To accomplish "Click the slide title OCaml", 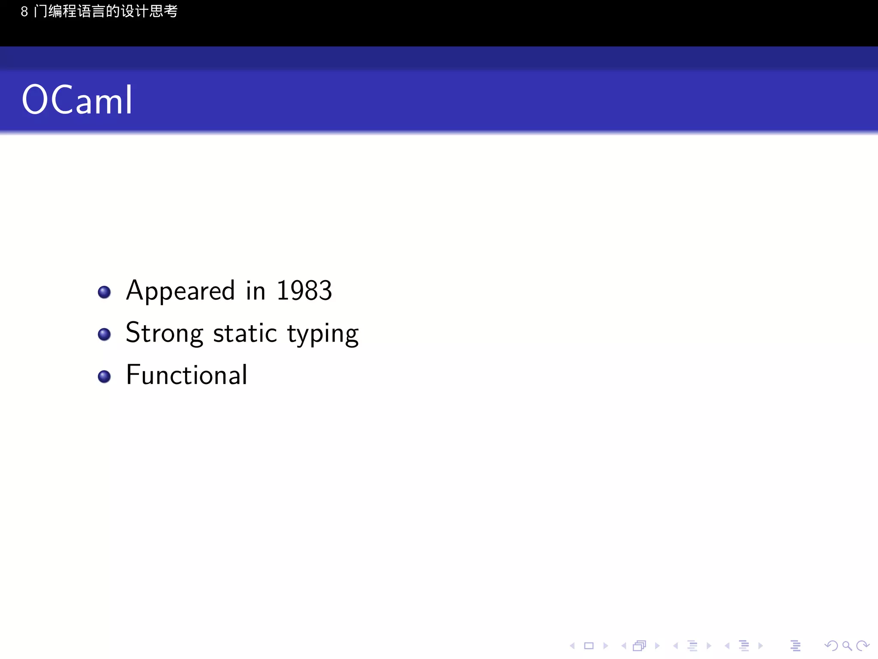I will pyautogui.click(x=77, y=100).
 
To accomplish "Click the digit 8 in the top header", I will pyautogui.click(x=24, y=12).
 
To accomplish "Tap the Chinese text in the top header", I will pyautogui.click(x=105, y=12).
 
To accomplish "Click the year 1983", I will pyautogui.click(x=304, y=290).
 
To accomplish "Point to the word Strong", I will pyautogui.click(x=164, y=333).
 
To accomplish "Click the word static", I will pyautogui.click(x=245, y=333).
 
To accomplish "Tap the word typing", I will pyautogui.click(x=323, y=334).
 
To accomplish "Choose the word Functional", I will pyautogui.click(x=187, y=375).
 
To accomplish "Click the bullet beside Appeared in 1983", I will pyautogui.click(x=104, y=292).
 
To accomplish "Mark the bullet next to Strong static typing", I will pyautogui.click(x=104, y=334).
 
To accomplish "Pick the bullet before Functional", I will pyautogui.click(x=104, y=376).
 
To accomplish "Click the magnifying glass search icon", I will pyautogui.click(x=847, y=646).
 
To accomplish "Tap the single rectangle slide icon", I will pyautogui.click(x=589, y=646).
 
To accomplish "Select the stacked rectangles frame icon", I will pyautogui.click(x=639, y=646).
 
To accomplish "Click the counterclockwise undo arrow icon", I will pyautogui.click(x=831, y=646).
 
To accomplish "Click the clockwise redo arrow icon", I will pyautogui.click(x=862, y=646).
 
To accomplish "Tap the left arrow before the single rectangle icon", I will pyautogui.click(x=572, y=646).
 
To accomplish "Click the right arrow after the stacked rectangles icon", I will pyautogui.click(x=657, y=646).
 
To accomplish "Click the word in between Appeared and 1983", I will pyautogui.click(x=256, y=290).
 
